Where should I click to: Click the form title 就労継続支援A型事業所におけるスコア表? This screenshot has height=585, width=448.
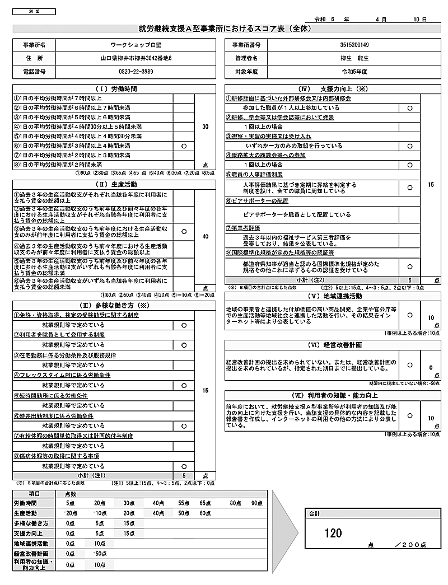point(224,29)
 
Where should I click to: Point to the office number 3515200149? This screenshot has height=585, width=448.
point(354,44)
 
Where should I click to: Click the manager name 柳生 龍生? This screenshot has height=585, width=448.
point(354,58)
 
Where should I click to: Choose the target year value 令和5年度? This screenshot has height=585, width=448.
point(354,72)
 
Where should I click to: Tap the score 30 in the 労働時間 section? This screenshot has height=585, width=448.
point(205,127)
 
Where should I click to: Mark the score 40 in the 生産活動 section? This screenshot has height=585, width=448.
point(205,236)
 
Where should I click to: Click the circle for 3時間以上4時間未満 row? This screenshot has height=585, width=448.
point(184,146)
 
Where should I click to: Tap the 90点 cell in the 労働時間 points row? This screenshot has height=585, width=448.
point(256,503)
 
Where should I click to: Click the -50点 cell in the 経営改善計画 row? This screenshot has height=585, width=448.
point(100,553)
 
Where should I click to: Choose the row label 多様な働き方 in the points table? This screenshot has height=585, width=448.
point(31,523)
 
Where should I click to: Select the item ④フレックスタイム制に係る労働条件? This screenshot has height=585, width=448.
point(62,375)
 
